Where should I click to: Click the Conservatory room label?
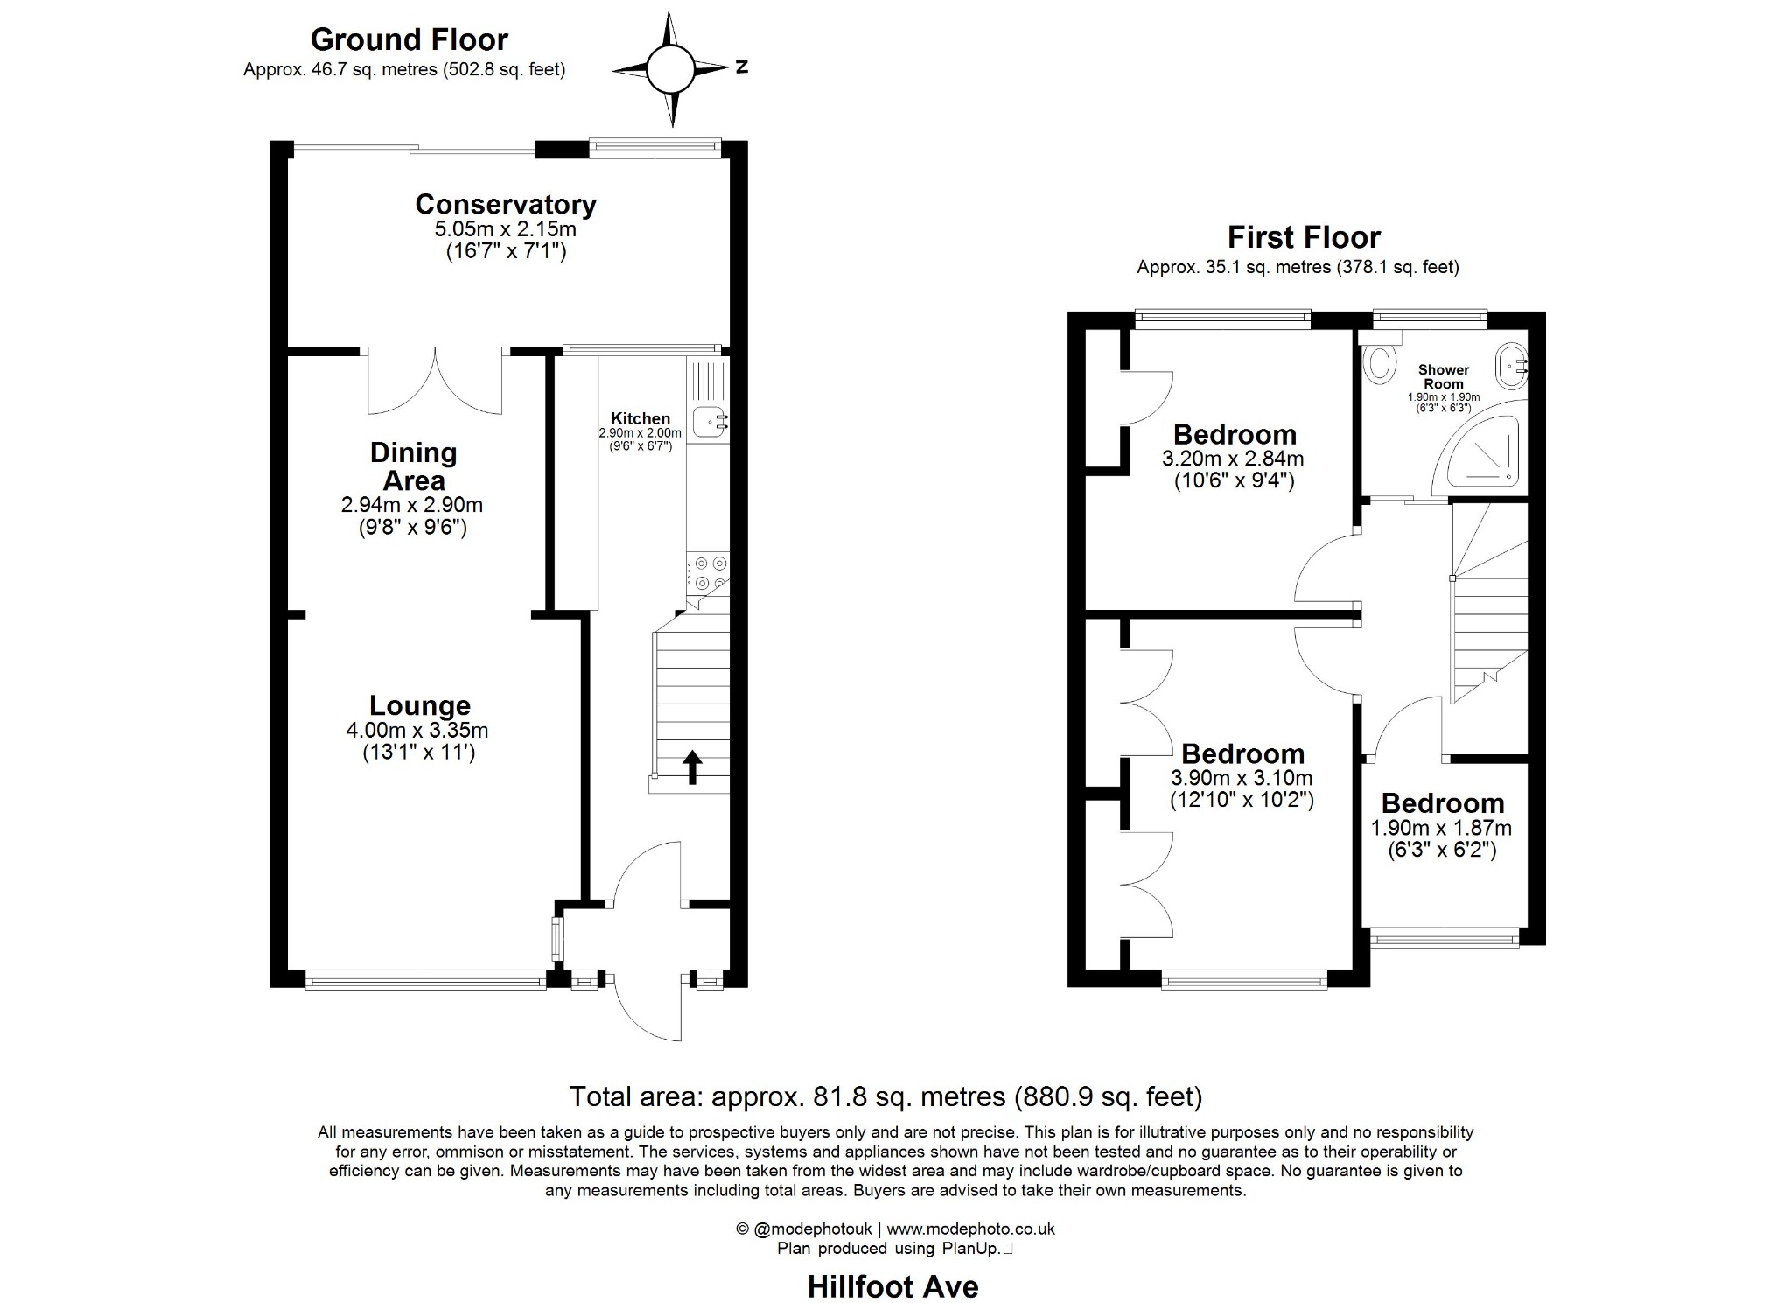coord(506,204)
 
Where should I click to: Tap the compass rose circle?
coord(670,68)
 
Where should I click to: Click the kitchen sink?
coord(710,422)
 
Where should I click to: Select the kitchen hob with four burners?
coord(708,572)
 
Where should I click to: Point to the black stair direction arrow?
coord(692,767)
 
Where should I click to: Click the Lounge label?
coord(420,705)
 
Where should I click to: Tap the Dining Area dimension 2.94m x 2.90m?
coord(412,505)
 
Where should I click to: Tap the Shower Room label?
coord(1444,377)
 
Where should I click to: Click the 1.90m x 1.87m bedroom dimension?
coord(1441,828)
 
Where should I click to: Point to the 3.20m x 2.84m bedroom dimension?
coord(1233,459)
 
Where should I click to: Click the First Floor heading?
coord(1304,237)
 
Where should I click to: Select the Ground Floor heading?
coord(409,39)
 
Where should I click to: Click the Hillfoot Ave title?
coord(892,1287)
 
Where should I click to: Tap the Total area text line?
coord(885,1096)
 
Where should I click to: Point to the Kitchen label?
coord(640,419)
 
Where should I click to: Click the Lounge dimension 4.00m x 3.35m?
coord(417,730)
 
